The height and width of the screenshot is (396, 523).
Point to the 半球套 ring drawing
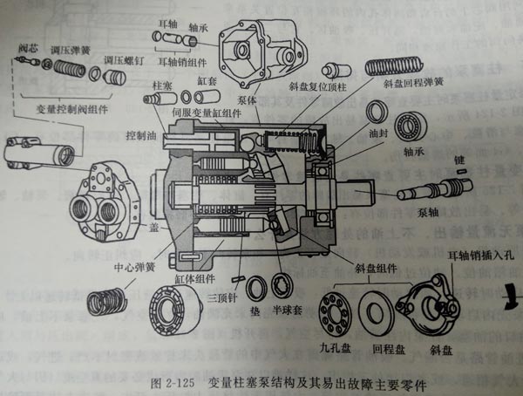(x=282, y=284)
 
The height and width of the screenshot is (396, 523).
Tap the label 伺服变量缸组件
(x=202, y=113)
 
